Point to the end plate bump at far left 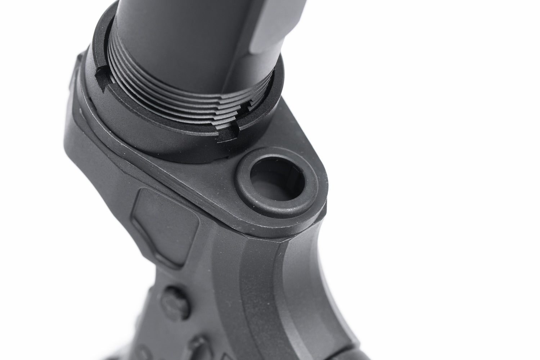tap(74, 72)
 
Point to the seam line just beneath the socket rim tap(288, 230)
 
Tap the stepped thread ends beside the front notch tap(248, 108)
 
